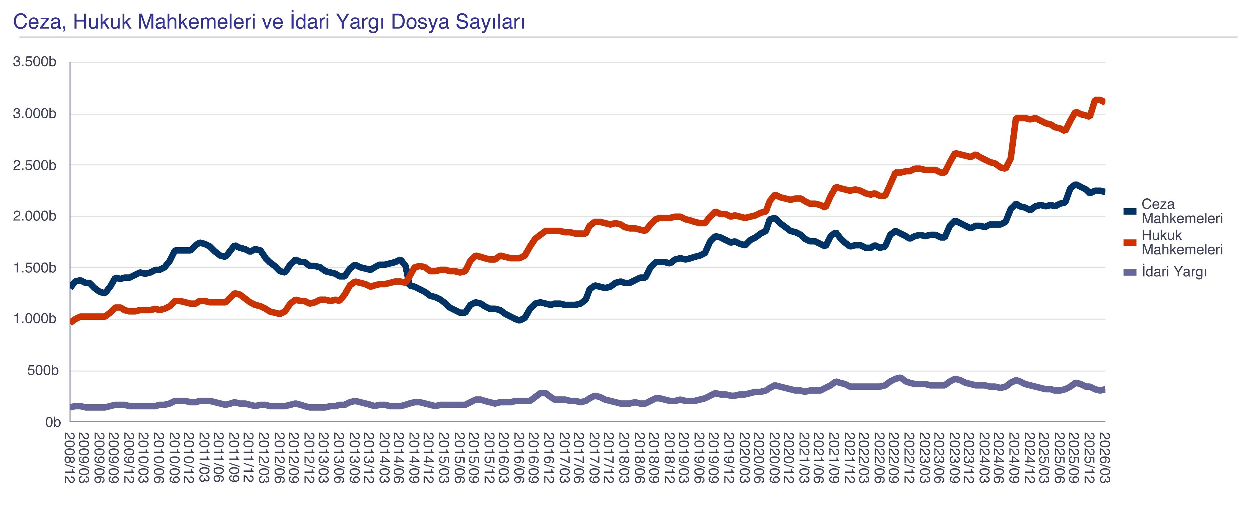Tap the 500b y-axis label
[43, 371]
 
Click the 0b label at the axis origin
[53, 422]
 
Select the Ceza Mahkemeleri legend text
[1182, 211]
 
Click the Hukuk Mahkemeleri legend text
[1182, 242]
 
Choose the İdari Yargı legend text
[1174, 272]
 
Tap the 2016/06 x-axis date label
[519, 457]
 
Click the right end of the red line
[1104, 102]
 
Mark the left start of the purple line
[71, 407]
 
